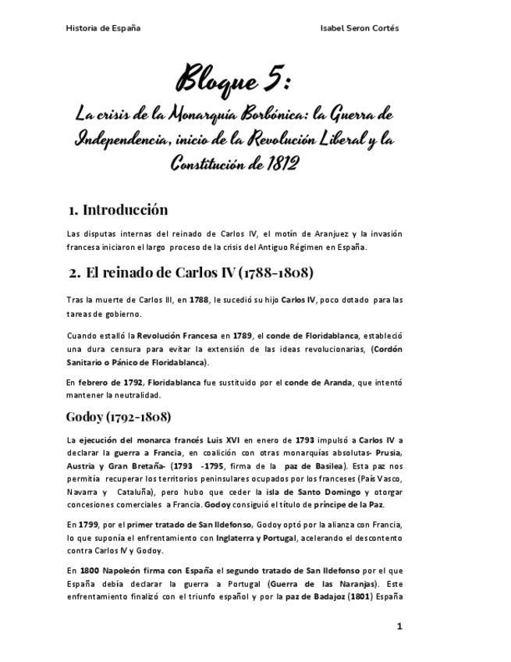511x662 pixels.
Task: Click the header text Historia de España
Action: [x=103, y=29]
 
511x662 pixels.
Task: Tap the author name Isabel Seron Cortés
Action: [x=360, y=29]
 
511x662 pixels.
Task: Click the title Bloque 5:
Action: [x=233, y=80]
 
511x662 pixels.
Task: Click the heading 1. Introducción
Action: [x=118, y=210]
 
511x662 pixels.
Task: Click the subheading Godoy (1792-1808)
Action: [x=119, y=416]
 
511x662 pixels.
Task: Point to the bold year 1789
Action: [x=242, y=336]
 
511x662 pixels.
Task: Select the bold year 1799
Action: [x=88, y=525]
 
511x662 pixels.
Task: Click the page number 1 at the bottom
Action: [x=399, y=626]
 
